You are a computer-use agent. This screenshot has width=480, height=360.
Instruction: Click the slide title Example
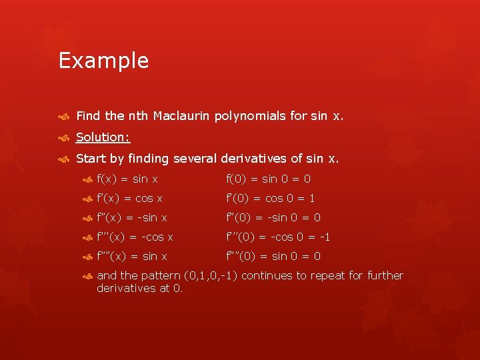click(103, 61)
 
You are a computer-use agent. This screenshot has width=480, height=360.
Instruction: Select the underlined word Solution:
click(103, 137)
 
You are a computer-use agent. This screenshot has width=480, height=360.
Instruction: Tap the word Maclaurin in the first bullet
click(182, 115)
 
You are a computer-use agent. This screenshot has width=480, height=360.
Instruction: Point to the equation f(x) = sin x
click(127, 179)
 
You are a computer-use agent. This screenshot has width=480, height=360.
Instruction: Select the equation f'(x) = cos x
click(129, 198)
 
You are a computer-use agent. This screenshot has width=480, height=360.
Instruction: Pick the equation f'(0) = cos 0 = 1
click(271, 198)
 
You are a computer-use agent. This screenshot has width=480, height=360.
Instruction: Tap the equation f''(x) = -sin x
click(132, 217)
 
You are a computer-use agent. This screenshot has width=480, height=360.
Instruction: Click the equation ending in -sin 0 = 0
click(273, 217)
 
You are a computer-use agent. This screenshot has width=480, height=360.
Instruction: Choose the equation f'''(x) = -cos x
click(135, 237)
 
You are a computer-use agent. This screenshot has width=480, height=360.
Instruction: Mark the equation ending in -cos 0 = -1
click(278, 237)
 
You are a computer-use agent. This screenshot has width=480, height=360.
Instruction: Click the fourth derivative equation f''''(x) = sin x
click(132, 256)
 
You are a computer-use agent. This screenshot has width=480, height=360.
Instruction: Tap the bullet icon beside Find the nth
click(64, 116)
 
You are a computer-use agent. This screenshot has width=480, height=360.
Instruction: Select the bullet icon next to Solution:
click(64, 137)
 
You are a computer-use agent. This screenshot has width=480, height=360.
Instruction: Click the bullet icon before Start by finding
click(64, 159)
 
